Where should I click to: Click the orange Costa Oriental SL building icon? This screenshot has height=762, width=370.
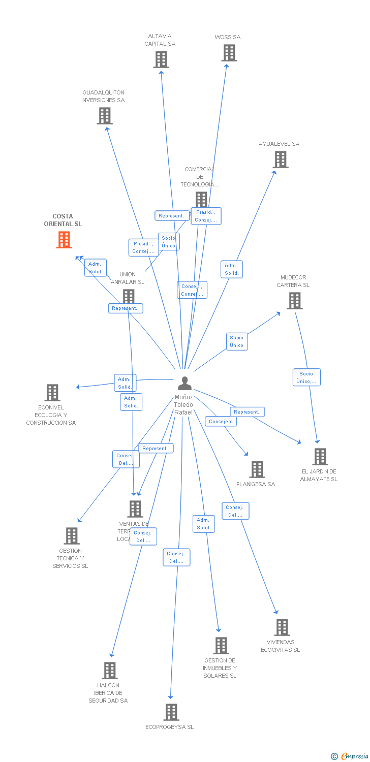(x=64, y=240)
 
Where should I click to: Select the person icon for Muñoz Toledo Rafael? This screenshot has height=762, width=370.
(x=184, y=384)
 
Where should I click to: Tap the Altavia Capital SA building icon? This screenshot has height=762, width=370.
(x=161, y=59)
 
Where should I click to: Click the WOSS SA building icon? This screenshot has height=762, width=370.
(x=229, y=53)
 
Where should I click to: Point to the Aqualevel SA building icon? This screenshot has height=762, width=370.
(x=281, y=160)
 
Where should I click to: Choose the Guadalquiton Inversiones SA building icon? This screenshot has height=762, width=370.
(x=105, y=116)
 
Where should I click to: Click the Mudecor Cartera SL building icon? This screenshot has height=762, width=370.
(x=295, y=301)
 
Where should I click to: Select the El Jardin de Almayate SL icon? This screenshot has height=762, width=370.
(x=320, y=457)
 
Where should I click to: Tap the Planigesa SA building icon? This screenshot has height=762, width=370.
(x=257, y=469)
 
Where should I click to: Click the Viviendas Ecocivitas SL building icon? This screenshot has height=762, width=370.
(x=282, y=627)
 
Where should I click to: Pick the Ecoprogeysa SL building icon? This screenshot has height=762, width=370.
(x=171, y=712)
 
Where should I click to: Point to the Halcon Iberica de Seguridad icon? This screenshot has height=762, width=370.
(x=110, y=671)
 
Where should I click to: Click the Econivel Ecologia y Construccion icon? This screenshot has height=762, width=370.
(x=52, y=393)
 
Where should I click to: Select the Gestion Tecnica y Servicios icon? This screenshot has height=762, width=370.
(x=72, y=536)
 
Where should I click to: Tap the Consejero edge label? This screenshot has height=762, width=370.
(x=221, y=421)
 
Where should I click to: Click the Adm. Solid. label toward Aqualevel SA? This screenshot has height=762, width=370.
(x=232, y=269)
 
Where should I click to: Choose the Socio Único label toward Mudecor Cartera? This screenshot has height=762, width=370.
(x=236, y=341)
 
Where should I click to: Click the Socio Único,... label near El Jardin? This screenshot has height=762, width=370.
(x=306, y=377)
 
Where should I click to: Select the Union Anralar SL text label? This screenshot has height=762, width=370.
(x=128, y=278)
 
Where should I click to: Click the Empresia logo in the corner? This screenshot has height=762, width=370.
(x=350, y=756)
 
